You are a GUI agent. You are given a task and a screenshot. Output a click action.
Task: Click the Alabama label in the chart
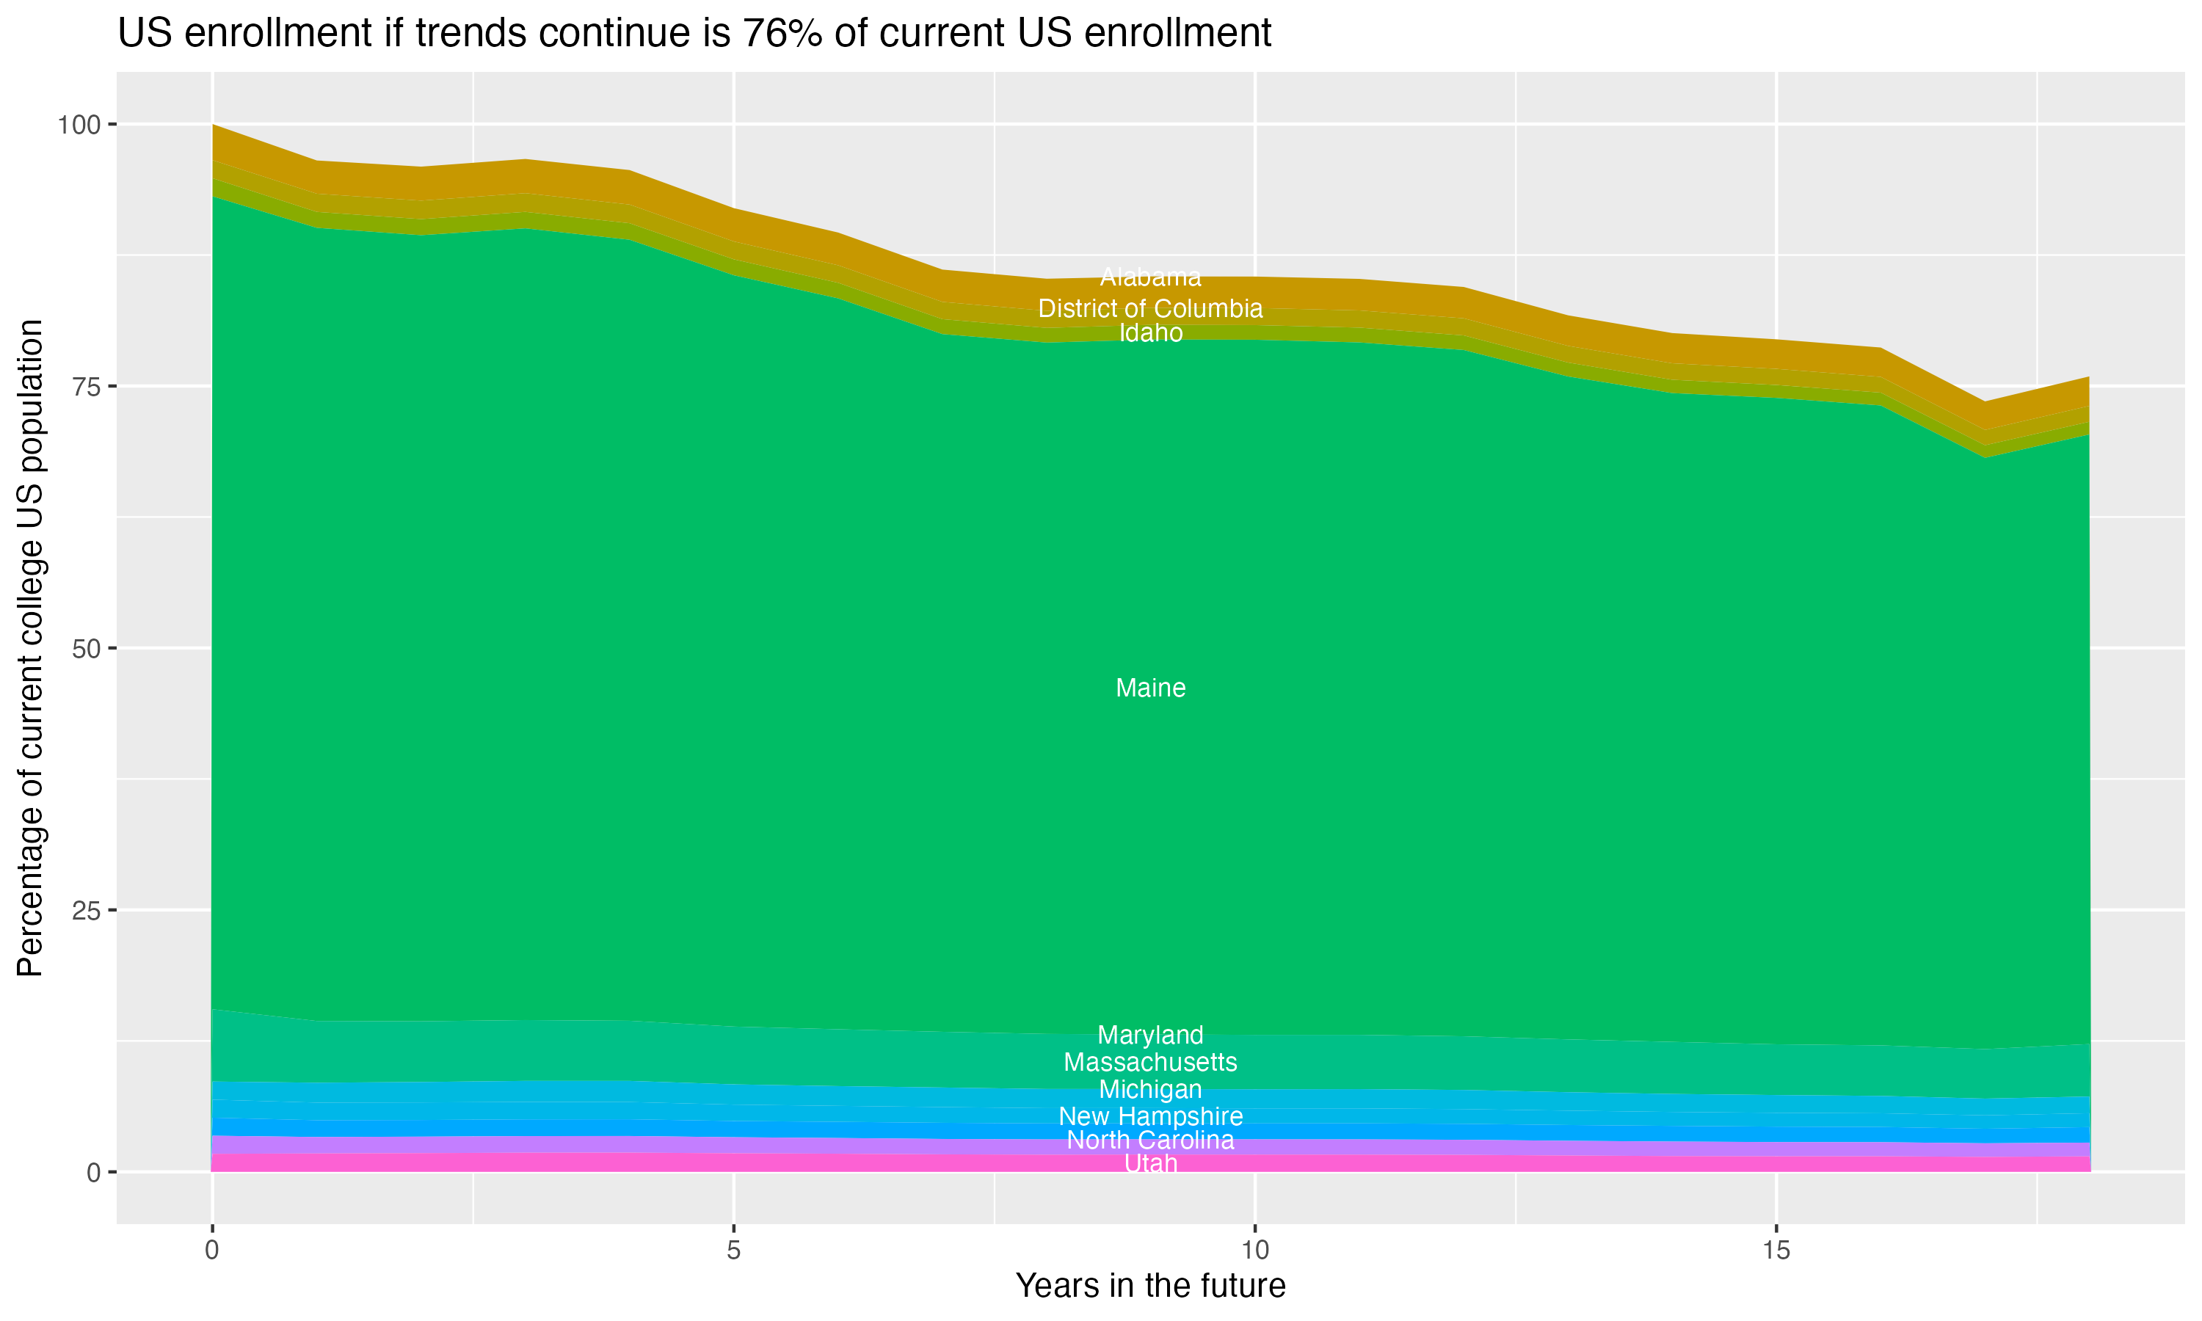click(x=1150, y=277)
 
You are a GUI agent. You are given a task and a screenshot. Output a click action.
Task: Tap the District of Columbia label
click(x=1150, y=309)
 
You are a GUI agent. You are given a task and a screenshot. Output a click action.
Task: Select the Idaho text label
click(x=1150, y=333)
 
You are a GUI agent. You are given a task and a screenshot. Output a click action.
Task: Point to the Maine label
click(x=1150, y=688)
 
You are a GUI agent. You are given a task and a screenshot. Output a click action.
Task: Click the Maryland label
click(x=1150, y=1036)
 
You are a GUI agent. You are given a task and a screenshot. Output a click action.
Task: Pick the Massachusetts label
click(x=1150, y=1062)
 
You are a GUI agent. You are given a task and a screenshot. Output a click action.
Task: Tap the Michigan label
click(x=1150, y=1090)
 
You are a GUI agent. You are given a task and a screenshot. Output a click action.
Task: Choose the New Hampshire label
click(x=1150, y=1116)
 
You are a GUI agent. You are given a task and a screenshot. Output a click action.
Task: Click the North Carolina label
click(x=1150, y=1140)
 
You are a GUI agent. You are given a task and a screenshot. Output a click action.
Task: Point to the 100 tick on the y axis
click(x=79, y=125)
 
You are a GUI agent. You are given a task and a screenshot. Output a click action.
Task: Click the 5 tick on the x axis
click(x=733, y=1251)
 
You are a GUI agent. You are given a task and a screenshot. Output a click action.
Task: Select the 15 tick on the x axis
click(x=1776, y=1251)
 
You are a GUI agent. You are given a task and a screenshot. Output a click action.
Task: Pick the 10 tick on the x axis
click(x=1254, y=1251)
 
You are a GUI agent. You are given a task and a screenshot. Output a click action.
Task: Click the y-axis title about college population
click(x=30, y=648)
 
